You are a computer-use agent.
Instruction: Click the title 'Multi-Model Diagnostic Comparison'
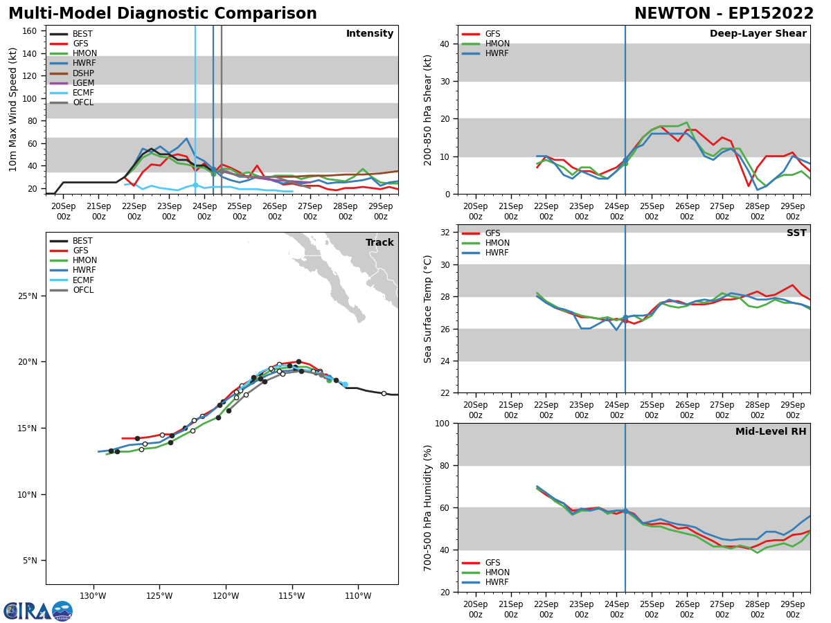tap(163, 14)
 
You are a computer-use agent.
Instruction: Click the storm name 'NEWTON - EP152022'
tap(724, 14)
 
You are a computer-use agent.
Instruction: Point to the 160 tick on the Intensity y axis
tap(30, 31)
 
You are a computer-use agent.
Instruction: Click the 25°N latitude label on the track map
tap(28, 296)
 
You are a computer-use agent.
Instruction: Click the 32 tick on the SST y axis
tap(445, 232)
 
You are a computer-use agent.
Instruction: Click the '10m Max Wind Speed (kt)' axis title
tap(13, 109)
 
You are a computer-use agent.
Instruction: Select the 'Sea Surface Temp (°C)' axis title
tap(428, 309)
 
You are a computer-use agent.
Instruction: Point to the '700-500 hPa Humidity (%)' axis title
tap(428, 507)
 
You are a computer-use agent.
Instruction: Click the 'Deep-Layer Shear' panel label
tap(758, 34)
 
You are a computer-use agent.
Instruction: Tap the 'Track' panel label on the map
tap(379, 243)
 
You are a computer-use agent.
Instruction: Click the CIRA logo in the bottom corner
tap(38, 611)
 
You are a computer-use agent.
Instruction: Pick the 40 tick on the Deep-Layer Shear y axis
tap(445, 44)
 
